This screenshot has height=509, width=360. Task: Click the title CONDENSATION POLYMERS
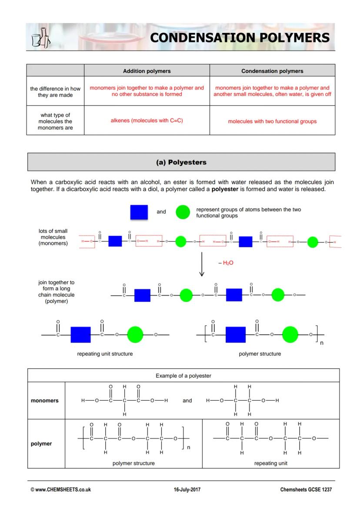(x=240, y=37)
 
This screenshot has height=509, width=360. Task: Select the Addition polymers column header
(x=147, y=71)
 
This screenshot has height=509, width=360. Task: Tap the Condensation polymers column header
(x=272, y=71)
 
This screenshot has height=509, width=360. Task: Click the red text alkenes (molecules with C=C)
(x=147, y=120)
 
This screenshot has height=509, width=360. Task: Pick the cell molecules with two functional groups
(x=272, y=121)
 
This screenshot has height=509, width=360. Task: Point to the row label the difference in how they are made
(x=55, y=92)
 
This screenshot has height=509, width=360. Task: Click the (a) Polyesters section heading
(x=181, y=162)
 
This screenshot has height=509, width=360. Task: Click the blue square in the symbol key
(x=139, y=212)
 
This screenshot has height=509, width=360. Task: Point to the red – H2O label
(x=226, y=263)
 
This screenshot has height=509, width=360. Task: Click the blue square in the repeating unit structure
(x=80, y=335)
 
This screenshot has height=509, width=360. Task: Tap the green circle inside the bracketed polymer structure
(x=290, y=335)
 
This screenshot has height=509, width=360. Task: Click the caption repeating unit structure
(x=105, y=354)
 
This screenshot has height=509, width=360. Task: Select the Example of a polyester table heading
(x=183, y=376)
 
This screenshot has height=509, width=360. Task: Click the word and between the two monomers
(x=187, y=400)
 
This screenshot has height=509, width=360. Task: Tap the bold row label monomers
(x=44, y=400)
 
